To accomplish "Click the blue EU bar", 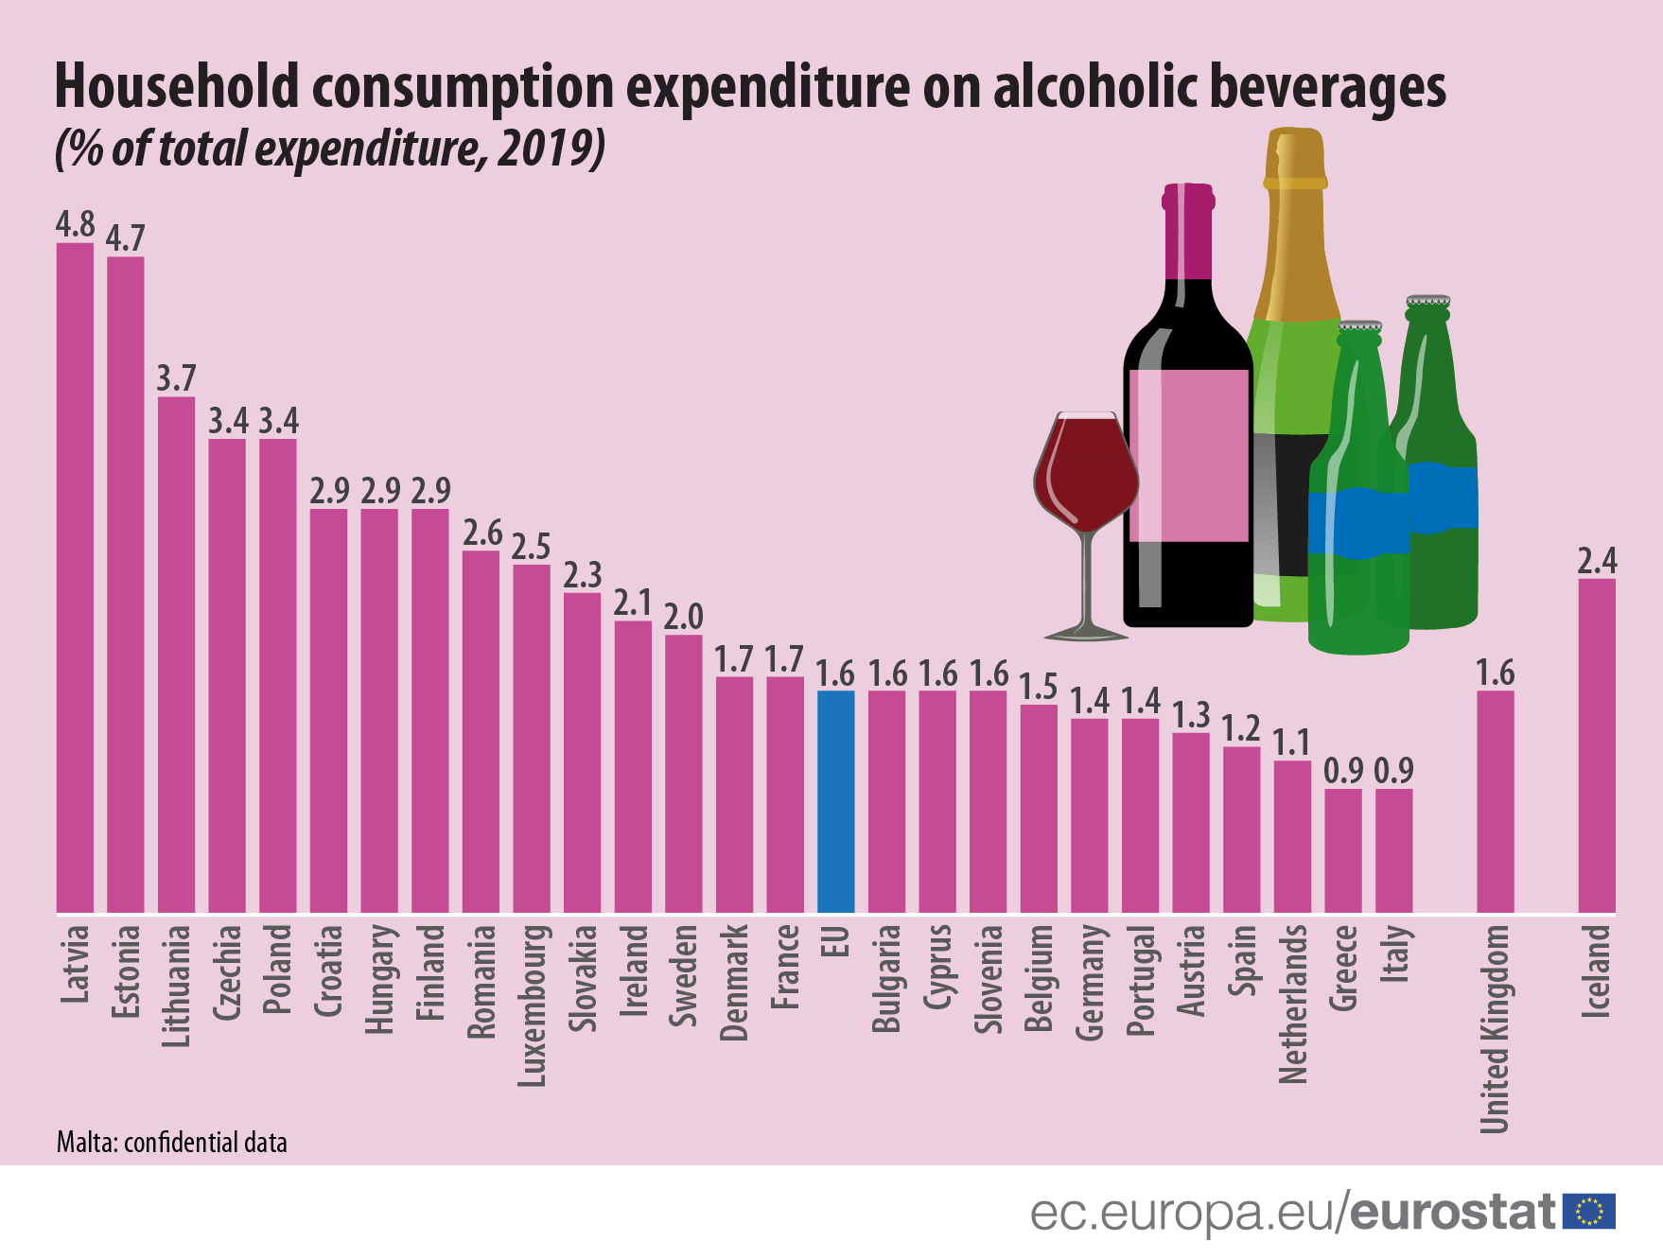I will (835, 801).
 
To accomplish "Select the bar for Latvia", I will (75, 577).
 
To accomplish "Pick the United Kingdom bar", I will (1495, 801).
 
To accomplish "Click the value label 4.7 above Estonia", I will (125, 237).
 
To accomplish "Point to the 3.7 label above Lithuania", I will (176, 378).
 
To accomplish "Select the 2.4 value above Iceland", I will (1597, 561).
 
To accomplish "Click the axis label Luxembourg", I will (533, 1005).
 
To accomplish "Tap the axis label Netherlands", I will (1293, 1003).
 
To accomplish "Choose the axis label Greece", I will (1343, 967).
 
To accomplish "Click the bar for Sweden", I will (683, 773).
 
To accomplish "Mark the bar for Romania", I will (481, 731).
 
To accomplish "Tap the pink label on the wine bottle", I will (1188, 455).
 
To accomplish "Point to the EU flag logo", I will (1589, 1211).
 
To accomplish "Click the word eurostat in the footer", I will (1452, 1212).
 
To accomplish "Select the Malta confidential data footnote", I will (171, 1143).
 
